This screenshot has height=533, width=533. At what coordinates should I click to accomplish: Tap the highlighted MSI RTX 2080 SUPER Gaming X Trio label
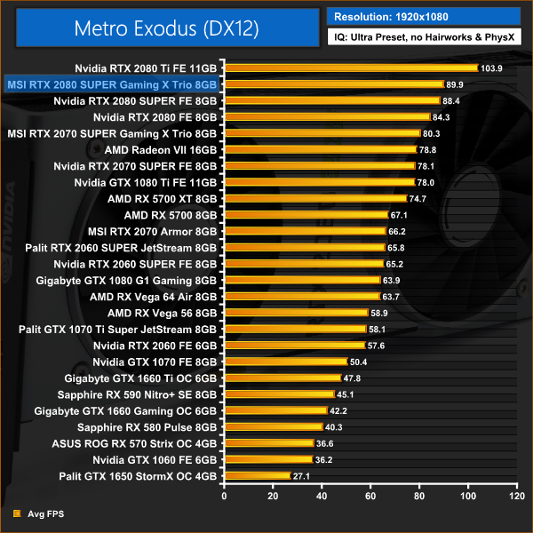(x=111, y=84)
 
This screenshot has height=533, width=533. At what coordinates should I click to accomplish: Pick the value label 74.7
(x=420, y=199)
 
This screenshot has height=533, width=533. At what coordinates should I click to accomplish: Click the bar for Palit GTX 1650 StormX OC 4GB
(x=257, y=476)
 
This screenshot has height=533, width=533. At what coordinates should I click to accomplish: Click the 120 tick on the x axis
(x=515, y=495)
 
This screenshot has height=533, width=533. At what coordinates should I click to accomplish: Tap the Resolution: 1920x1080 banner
(x=423, y=16)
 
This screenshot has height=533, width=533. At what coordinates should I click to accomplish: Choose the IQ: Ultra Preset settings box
(x=423, y=38)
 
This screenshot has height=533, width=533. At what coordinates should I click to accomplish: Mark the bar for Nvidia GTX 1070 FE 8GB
(x=284, y=362)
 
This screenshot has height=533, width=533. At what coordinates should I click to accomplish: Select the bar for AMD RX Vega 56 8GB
(x=295, y=313)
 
